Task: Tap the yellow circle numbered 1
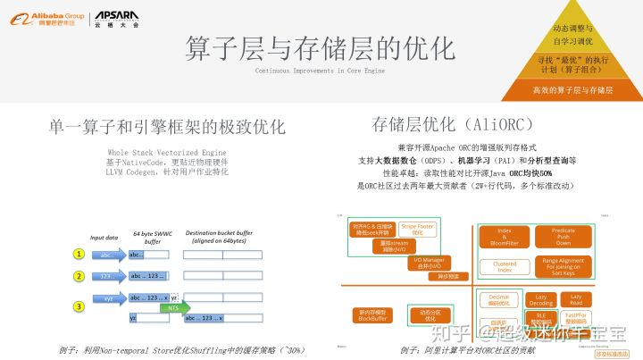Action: (79, 255)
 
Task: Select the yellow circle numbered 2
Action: (79, 276)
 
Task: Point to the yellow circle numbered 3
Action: (79, 306)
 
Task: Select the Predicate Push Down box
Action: (564, 236)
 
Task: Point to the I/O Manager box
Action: (427, 263)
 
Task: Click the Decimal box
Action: (500, 299)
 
